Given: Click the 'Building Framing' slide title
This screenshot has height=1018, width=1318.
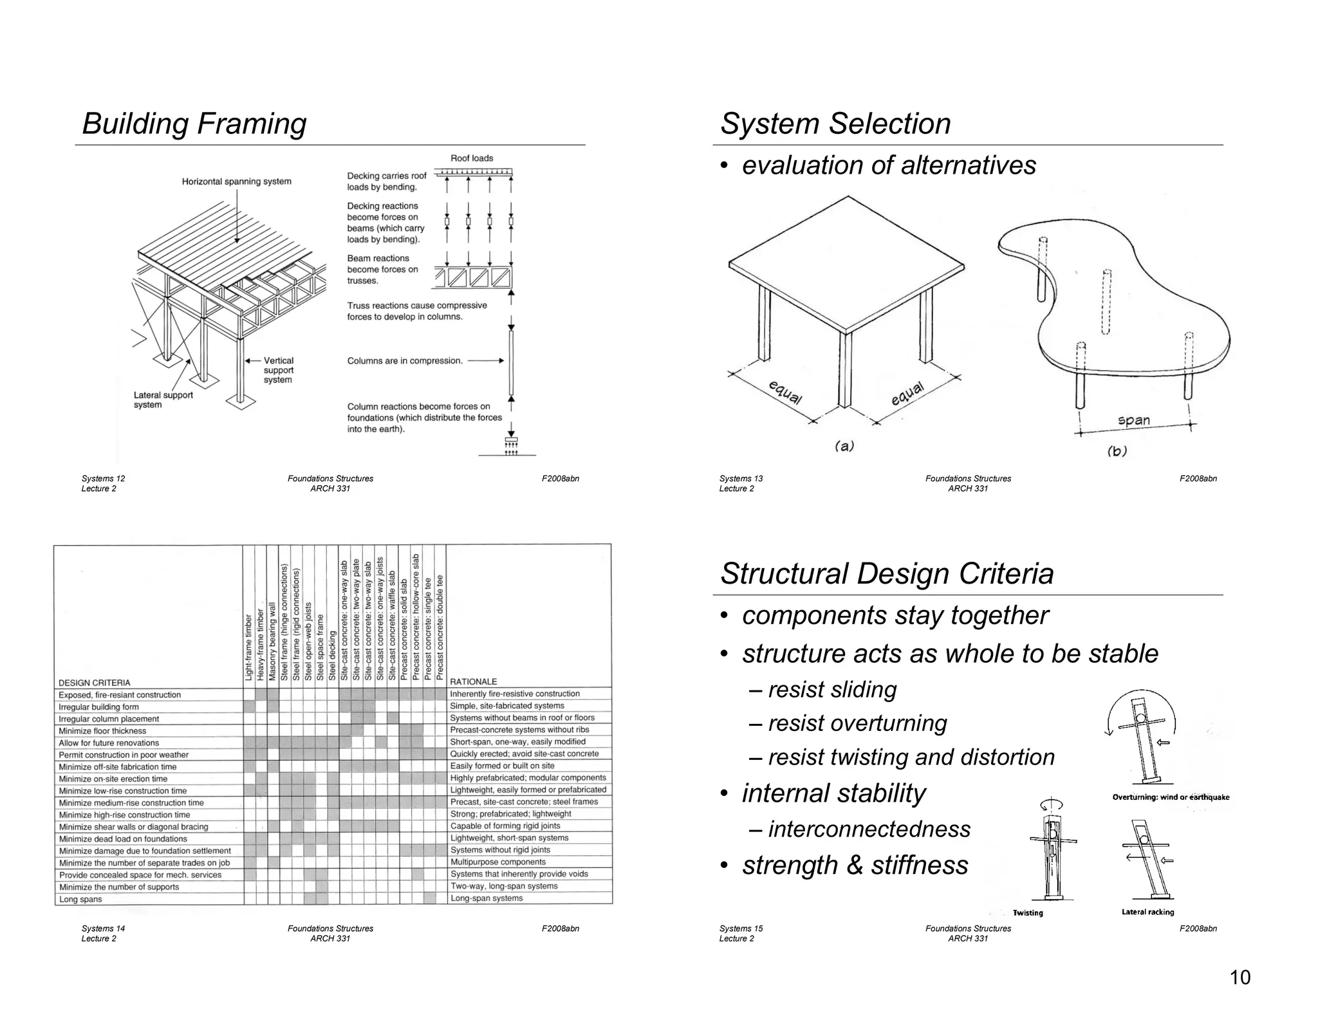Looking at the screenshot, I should [x=194, y=124].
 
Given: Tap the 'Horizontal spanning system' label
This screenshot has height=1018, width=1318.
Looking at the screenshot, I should [x=236, y=181].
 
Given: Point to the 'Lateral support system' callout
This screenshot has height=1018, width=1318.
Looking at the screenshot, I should [x=163, y=400].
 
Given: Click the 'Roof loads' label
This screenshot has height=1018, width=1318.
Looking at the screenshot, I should [x=472, y=158].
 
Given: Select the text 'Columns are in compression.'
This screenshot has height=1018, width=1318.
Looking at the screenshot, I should [x=405, y=361].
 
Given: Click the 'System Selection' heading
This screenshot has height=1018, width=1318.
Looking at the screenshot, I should [x=835, y=124].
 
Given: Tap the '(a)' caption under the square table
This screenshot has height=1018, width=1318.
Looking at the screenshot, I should [x=844, y=446].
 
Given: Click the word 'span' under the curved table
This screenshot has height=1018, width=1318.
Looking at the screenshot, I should [x=1134, y=421].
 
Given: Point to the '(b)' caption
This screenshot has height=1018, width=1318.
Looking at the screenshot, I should [x=1117, y=451].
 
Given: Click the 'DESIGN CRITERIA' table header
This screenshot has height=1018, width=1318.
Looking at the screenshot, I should [x=94, y=683].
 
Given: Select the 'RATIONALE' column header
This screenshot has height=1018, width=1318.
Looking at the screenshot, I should [x=474, y=681].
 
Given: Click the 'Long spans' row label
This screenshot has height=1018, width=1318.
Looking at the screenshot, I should [x=80, y=899].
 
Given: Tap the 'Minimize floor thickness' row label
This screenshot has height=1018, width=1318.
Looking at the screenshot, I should [x=102, y=731].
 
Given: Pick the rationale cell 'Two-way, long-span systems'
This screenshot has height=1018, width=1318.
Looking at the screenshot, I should [x=503, y=886].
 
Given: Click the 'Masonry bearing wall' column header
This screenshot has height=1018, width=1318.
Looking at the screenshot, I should [x=273, y=642].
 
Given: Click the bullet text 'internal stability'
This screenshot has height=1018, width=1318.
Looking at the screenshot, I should [x=833, y=793].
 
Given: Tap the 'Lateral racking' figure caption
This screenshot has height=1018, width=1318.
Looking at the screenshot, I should [x=1147, y=912].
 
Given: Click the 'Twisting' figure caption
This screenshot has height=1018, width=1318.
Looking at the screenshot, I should [x=1028, y=912].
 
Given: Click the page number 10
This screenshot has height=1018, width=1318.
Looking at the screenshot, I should [x=1239, y=977].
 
